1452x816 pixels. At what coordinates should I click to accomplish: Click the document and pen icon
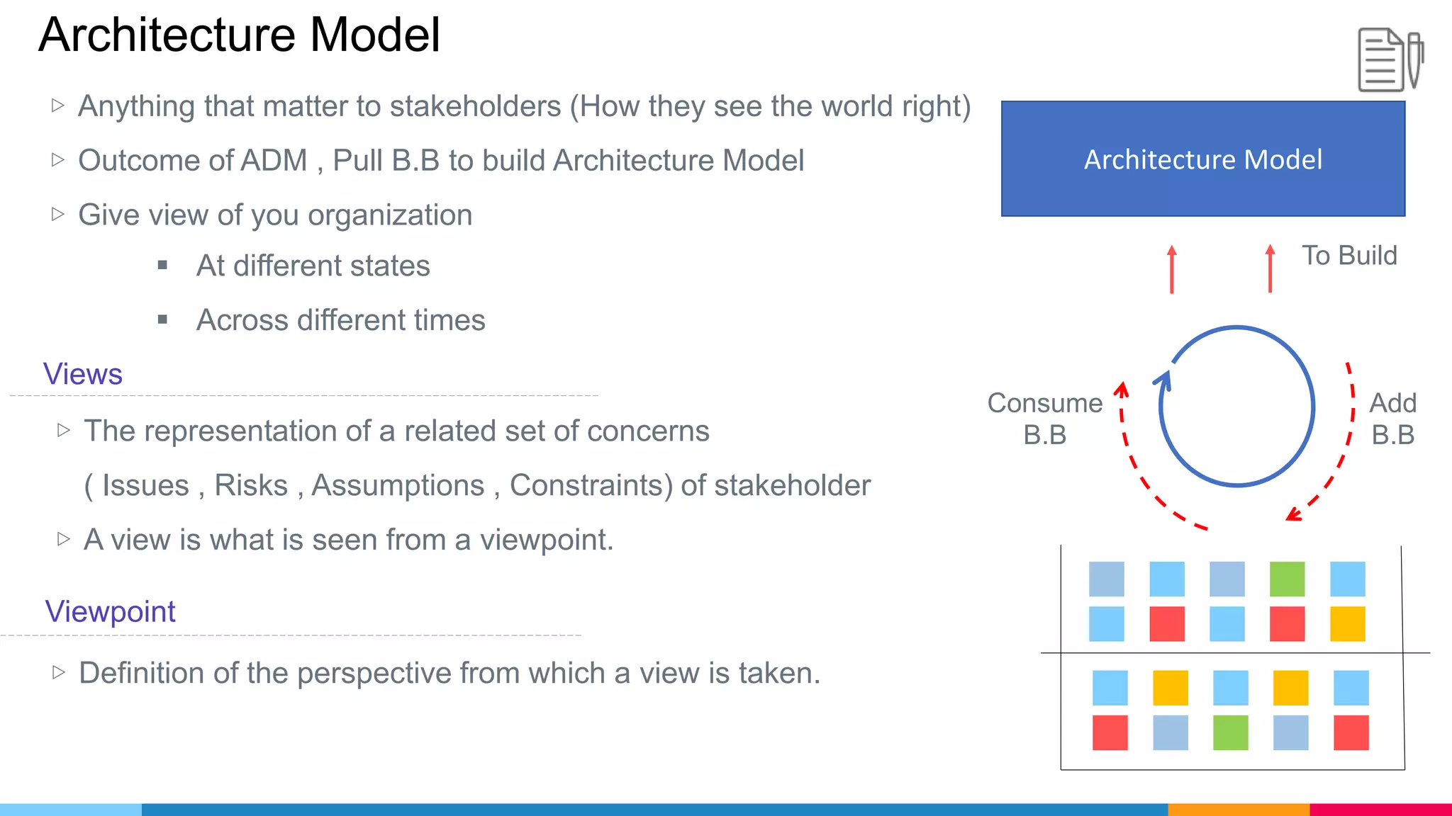click(1390, 59)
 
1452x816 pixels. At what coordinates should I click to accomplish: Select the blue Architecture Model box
click(1202, 159)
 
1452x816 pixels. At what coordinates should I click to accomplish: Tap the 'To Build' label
click(1348, 256)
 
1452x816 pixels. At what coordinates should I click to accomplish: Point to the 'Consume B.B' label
click(1044, 419)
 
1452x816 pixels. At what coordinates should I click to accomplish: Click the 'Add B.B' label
click(1392, 419)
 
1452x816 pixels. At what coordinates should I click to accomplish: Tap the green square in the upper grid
click(1287, 579)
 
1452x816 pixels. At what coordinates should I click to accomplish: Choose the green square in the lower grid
click(1230, 732)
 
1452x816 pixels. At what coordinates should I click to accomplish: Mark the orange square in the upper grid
click(1347, 624)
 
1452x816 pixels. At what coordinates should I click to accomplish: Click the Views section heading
click(83, 374)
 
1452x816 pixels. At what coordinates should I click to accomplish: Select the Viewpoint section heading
click(110, 611)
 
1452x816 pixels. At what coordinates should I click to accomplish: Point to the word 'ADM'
click(274, 161)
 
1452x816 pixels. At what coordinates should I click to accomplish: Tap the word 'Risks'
click(251, 486)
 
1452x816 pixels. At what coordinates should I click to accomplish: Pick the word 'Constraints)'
click(591, 486)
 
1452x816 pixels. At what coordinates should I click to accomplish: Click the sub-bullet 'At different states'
click(313, 266)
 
